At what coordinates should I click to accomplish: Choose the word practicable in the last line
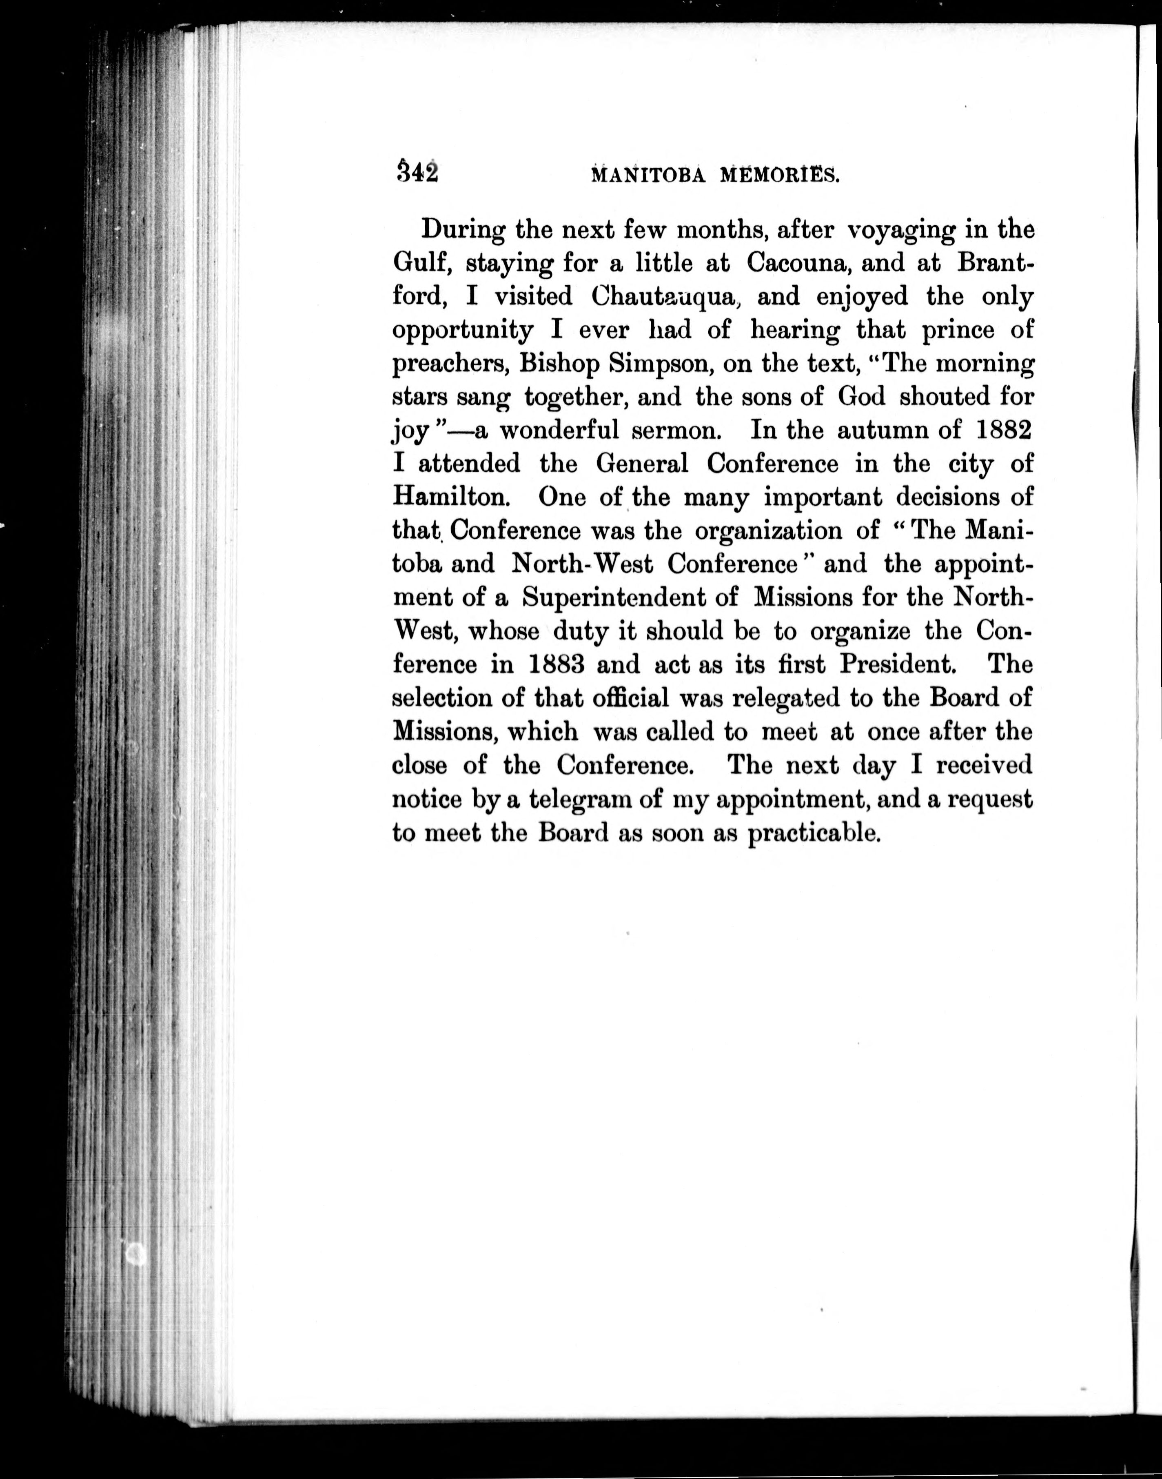(814, 832)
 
